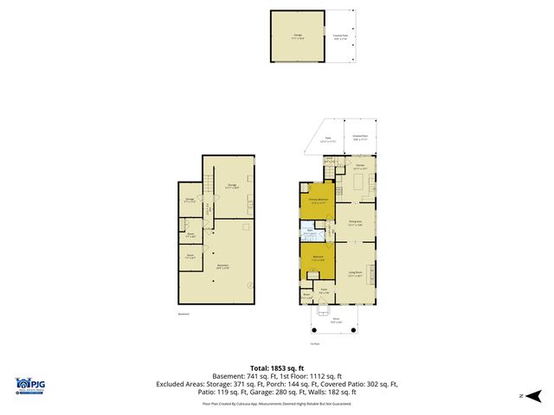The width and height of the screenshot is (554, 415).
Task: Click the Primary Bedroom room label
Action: pos(318,199)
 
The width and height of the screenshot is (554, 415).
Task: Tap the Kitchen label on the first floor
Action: pos(360,165)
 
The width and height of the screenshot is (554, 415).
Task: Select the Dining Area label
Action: pos(354,222)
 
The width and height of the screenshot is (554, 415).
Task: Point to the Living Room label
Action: pos(354,273)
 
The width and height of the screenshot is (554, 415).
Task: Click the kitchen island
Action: pos(358,182)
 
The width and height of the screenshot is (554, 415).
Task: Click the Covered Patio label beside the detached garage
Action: pos(340,36)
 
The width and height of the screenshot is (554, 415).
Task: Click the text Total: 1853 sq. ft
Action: pos(277,367)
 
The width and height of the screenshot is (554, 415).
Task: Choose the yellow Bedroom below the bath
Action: pos(318,259)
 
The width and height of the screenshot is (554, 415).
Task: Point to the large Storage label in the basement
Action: pos(231,185)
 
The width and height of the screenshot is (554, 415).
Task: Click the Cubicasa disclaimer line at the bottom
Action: pos(277,403)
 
